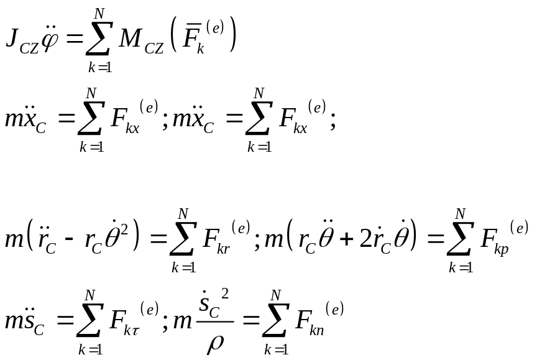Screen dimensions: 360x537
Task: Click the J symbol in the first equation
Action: click(x=12, y=38)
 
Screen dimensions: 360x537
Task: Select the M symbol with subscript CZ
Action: click(x=131, y=40)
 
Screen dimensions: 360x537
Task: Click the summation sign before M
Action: click(x=97, y=39)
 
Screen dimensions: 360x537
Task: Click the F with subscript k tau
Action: click(x=118, y=320)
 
